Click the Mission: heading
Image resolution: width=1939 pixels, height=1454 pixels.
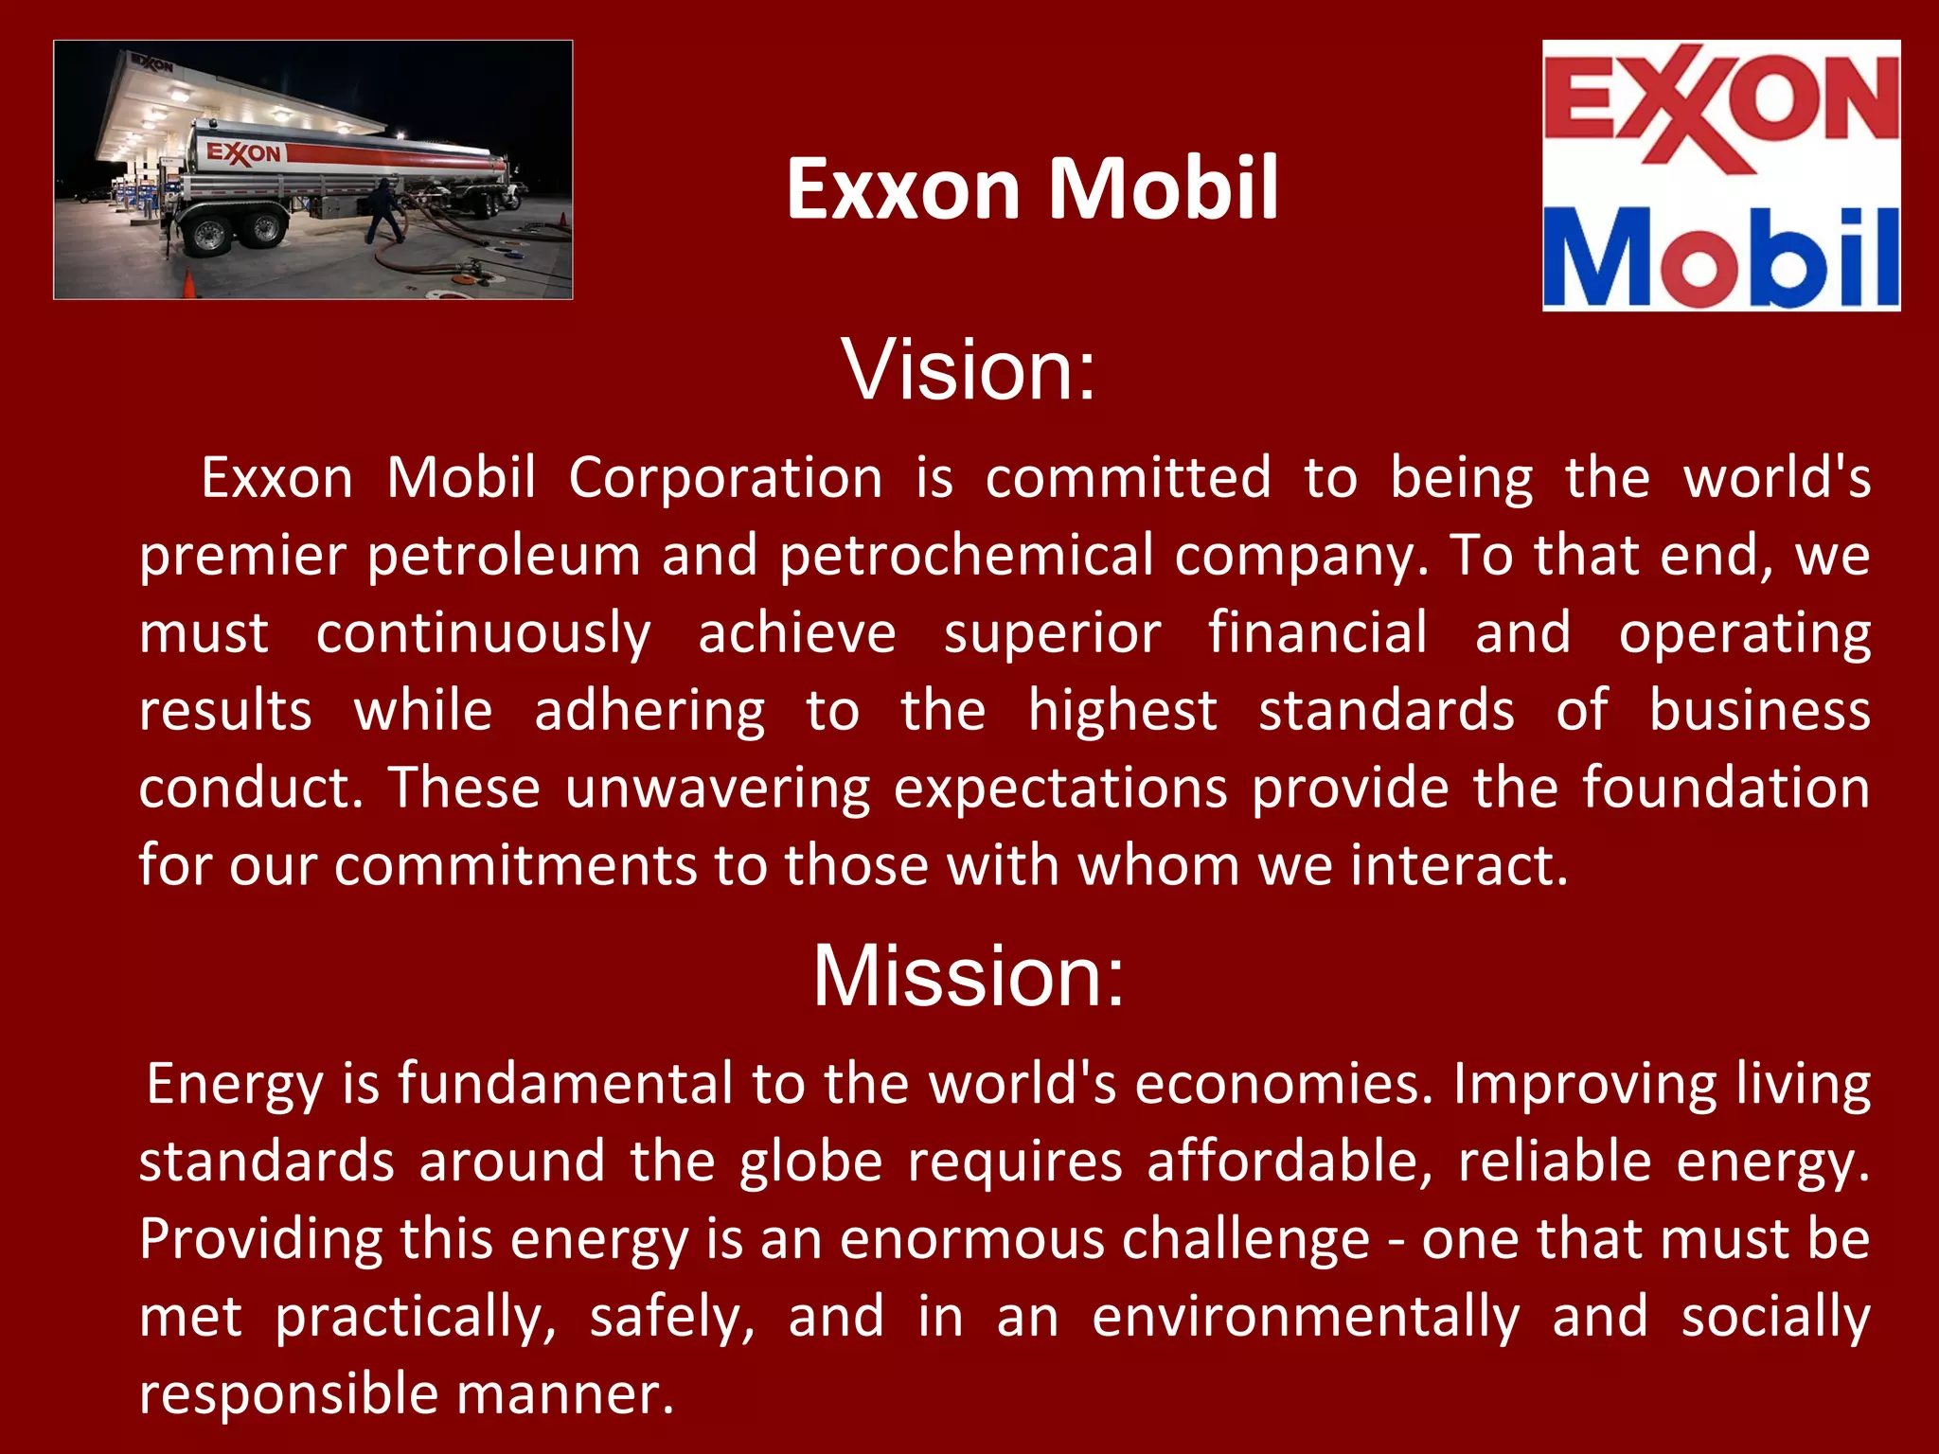(969, 976)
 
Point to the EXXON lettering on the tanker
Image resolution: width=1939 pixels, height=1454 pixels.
(243, 152)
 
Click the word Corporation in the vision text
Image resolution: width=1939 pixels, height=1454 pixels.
(725, 477)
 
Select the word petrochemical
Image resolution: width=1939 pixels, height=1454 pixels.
(966, 555)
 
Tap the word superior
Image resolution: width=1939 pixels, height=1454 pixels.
(1052, 632)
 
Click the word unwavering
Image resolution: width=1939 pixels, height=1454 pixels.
(718, 788)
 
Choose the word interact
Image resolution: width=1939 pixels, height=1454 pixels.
(1458, 865)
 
